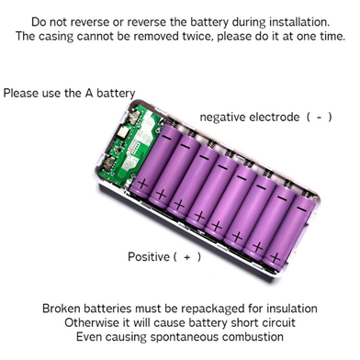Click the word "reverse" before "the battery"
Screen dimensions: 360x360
click(x=147, y=22)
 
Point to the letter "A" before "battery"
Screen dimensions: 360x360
click(x=89, y=93)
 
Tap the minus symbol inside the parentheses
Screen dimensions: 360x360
click(x=319, y=118)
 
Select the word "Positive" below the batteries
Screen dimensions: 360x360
click(x=149, y=256)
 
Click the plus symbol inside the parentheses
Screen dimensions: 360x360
click(x=187, y=257)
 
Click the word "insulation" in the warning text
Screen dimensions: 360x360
click(x=292, y=309)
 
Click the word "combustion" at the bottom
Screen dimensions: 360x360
click(x=253, y=337)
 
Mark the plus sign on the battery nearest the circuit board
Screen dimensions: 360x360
click(x=142, y=185)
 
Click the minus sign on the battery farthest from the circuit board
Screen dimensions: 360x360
click(x=302, y=209)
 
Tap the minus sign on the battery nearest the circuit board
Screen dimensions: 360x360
click(x=167, y=138)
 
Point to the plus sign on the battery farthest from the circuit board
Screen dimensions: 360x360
click(x=275, y=258)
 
